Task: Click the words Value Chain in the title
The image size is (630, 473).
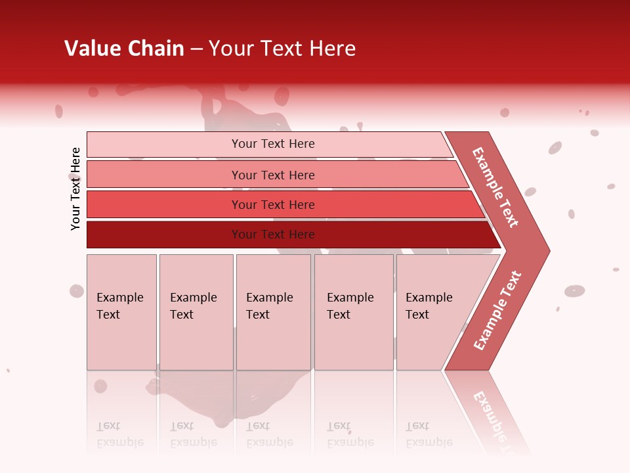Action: [x=124, y=49]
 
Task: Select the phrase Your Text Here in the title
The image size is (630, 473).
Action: [x=282, y=49]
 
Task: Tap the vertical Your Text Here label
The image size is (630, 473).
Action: [x=75, y=189]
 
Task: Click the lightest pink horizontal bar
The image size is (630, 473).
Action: [x=164, y=145]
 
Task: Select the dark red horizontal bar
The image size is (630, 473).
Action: [x=164, y=235]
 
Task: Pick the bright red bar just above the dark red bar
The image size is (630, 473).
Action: [x=164, y=205]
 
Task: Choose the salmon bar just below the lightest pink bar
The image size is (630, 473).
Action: [x=164, y=175]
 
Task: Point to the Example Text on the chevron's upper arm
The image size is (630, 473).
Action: [x=495, y=187]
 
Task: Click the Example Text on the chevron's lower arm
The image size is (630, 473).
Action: [x=497, y=311]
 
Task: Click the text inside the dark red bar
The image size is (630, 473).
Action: [x=273, y=235]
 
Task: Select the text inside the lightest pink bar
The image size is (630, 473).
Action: [x=273, y=144]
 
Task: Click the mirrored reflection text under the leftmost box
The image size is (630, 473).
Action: [x=119, y=435]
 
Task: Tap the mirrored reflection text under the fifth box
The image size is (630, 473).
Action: [x=429, y=435]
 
